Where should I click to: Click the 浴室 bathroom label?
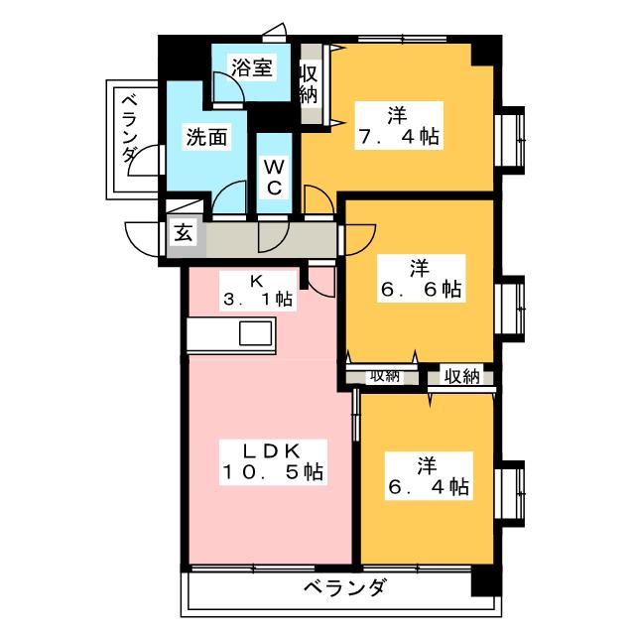click(x=251, y=67)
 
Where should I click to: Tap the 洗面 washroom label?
click(x=206, y=137)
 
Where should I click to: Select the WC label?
click(x=274, y=177)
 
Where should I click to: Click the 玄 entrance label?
click(x=183, y=232)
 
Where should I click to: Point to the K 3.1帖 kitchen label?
click(x=258, y=291)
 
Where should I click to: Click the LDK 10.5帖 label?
click(x=273, y=461)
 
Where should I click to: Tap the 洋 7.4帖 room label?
click(x=399, y=126)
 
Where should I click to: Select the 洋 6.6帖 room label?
click(x=421, y=278)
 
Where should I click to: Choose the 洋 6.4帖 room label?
click(x=429, y=476)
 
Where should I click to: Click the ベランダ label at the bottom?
click(x=344, y=587)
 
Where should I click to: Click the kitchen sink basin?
click(x=256, y=333)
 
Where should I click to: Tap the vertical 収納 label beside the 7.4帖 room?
click(x=309, y=84)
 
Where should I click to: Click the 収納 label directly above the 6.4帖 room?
click(x=462, y=377)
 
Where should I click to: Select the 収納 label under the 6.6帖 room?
click(x=384, y=376)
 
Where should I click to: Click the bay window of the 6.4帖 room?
click(x=510, y=494)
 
